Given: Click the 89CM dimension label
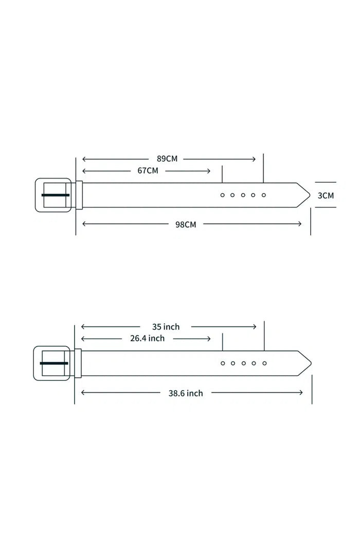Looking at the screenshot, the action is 167,159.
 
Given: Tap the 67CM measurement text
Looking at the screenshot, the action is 148,170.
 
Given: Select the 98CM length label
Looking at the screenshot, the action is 186,224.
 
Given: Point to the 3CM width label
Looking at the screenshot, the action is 326,196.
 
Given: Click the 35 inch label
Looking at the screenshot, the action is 166,327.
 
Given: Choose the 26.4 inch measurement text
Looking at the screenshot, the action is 147,339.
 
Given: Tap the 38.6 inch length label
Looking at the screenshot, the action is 186,393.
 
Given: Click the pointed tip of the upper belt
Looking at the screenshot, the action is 310,195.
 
